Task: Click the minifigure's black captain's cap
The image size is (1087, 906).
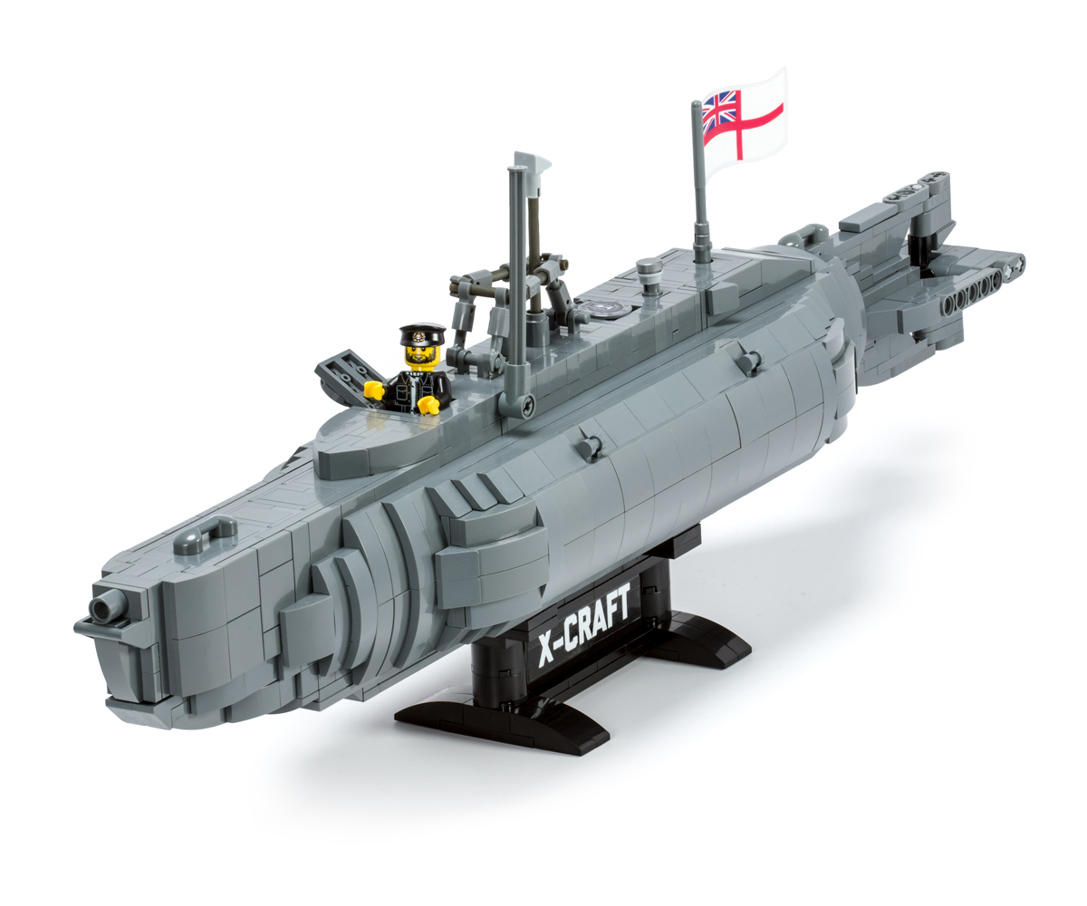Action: (x=422, y=333)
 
